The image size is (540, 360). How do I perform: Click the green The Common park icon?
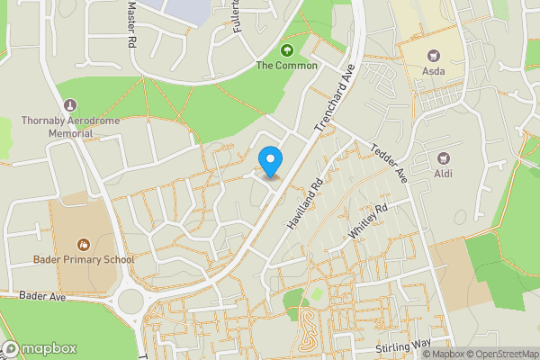[288, 49]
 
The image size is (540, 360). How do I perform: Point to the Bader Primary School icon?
[83, 244]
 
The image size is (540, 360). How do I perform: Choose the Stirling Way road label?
[405, 346]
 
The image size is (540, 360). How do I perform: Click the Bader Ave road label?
[45, 295]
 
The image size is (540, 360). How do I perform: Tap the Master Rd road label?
[131, 24]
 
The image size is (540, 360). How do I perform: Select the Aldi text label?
[443, 173]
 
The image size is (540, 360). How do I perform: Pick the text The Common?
[287, 66]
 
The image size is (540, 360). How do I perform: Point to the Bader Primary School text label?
[83, 260]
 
